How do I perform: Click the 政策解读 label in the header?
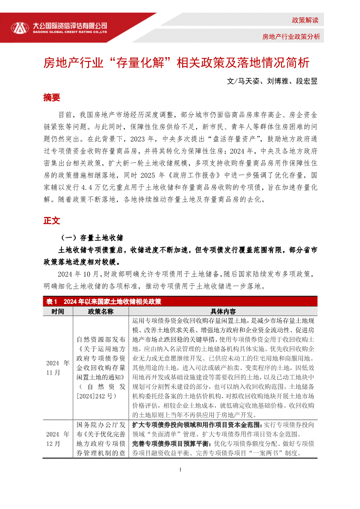305,20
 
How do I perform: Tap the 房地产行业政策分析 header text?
291,37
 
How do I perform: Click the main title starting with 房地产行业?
176,63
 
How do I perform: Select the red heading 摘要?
51,98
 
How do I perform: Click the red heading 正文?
51,221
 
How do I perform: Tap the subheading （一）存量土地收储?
92,238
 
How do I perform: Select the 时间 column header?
58,311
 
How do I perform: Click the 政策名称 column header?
101,311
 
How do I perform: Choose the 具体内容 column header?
223,311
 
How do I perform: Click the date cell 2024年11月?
58,367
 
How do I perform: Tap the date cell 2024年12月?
58,438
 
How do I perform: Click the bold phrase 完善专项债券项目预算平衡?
171,444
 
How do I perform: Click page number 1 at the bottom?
180,469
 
